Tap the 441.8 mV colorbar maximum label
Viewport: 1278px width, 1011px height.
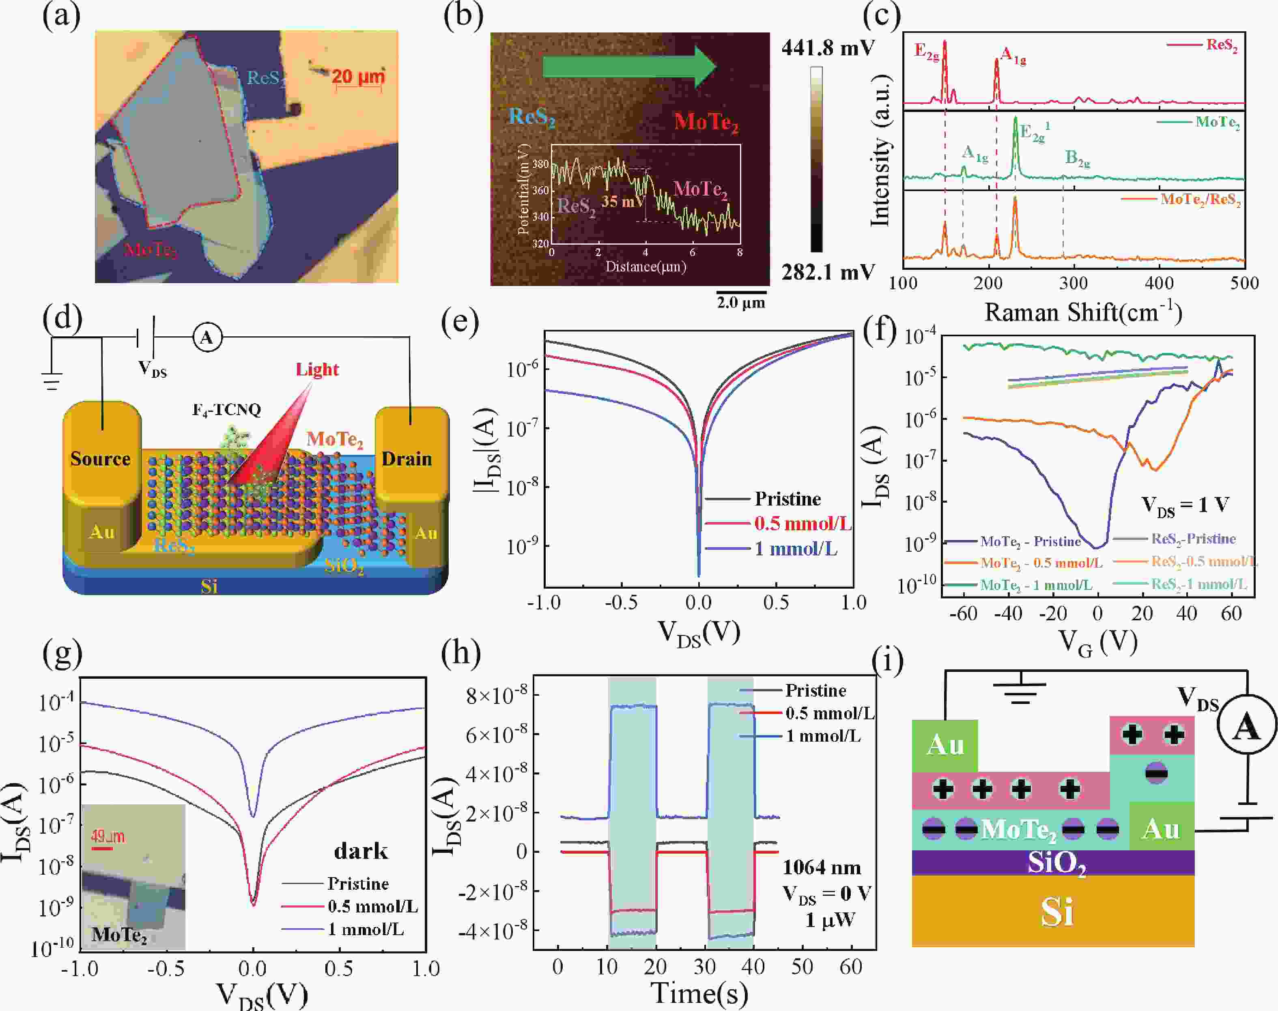(x=828, y=47)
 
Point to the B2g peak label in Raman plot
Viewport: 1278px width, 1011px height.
(x=1077, y=159)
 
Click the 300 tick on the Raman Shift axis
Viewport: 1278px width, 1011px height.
(x=1073, y=283)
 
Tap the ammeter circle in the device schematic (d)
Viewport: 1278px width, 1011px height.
(x=207, y=338)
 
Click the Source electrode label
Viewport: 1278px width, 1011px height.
(x=100, y=459)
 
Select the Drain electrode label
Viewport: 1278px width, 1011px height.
(x=407, y=459)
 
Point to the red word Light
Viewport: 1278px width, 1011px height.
(x=317, y=369)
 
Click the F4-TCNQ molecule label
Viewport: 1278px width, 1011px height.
(x=227, y=410)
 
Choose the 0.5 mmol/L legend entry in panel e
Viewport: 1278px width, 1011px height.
(x=802, y=524)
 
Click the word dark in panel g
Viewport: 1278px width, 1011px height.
(x=361, y=851)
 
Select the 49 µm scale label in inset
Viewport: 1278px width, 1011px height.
(x=108, y=837)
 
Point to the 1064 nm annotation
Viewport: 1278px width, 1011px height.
(x=822, y=868)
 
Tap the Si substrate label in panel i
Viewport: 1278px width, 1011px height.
(x=1057, y=912)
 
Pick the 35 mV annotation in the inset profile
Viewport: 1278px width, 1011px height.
(x=623, y=201)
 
